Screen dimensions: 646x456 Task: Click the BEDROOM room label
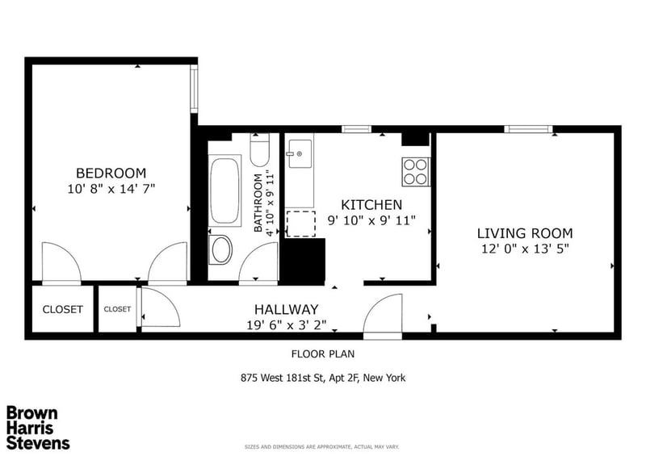click(111, 173)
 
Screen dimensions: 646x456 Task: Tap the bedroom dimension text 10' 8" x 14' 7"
click(111, 189)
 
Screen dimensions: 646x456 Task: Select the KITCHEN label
click(371, 205)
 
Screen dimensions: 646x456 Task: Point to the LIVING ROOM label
click(525, 233)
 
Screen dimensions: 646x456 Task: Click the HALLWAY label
click(287, 309)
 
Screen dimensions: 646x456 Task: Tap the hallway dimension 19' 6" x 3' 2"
click(287, 325)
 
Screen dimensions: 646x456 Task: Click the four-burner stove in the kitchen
click(415, 171)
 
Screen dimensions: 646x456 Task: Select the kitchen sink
click(300, 153)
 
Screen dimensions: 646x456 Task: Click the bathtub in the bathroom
click(224, 190)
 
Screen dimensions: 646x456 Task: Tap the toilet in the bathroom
click(259, 150)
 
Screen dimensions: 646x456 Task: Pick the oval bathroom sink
click(221, 249)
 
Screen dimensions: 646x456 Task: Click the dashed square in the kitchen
click(300, 224)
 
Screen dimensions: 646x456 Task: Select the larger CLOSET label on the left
click(63, 309)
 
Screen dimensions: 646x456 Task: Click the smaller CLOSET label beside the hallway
click(117, 309)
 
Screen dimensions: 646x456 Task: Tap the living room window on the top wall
click(529, 129)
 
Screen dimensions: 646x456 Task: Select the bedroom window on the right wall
click(194, 89)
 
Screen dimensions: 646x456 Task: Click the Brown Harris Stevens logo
click(38, 428)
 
